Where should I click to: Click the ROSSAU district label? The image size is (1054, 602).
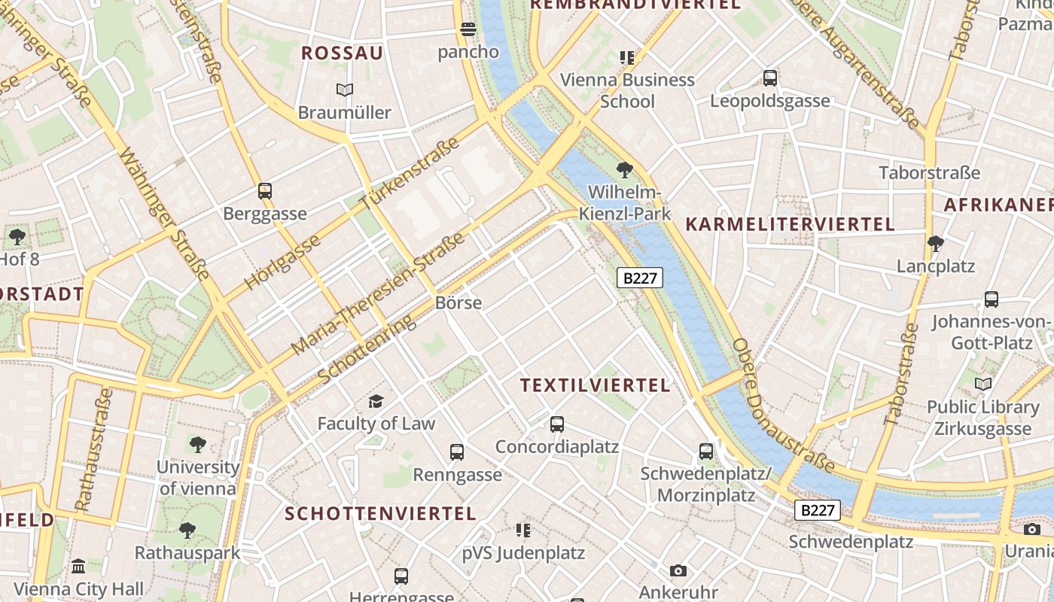(342, 53)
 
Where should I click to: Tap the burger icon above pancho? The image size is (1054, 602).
(468, 30)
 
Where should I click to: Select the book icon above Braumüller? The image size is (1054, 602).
(345, 90)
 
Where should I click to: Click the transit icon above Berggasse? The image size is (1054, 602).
(265, 191)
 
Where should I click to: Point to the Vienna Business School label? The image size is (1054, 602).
(627, 90)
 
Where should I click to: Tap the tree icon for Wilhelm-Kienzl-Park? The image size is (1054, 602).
(624, 169)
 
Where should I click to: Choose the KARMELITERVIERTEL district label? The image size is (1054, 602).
(790, 224)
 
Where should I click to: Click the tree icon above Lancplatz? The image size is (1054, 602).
(936, 244)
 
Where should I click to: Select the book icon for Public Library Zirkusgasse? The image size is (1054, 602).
(983, 385)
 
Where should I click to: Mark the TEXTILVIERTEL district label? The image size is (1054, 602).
(595, 385)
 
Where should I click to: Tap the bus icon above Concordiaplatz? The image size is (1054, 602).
(557, 424)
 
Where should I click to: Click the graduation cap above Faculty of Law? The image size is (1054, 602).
(376, 401)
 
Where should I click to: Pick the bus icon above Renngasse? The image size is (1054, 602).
(457, 452)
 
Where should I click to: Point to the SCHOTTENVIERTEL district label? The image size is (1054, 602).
(380, 514)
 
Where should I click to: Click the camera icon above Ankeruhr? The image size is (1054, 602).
(678, 570)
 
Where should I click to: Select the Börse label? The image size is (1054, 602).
(458, 303)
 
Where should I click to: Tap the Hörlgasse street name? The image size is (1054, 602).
(282, 262)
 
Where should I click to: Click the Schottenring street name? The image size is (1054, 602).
(366, 348)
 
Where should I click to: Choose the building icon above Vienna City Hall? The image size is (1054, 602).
(78, 566)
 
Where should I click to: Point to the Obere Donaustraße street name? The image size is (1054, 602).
(783, 406)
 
